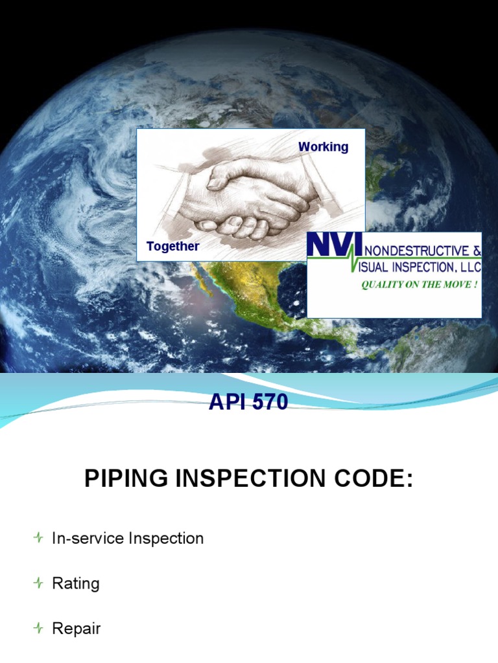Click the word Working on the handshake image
coord(323,147)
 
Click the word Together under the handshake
coord(172,246)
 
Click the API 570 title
coord(248,403)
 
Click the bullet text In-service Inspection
coord(128,538)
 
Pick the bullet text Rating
coord(76,583)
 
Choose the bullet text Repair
coord(77,629)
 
